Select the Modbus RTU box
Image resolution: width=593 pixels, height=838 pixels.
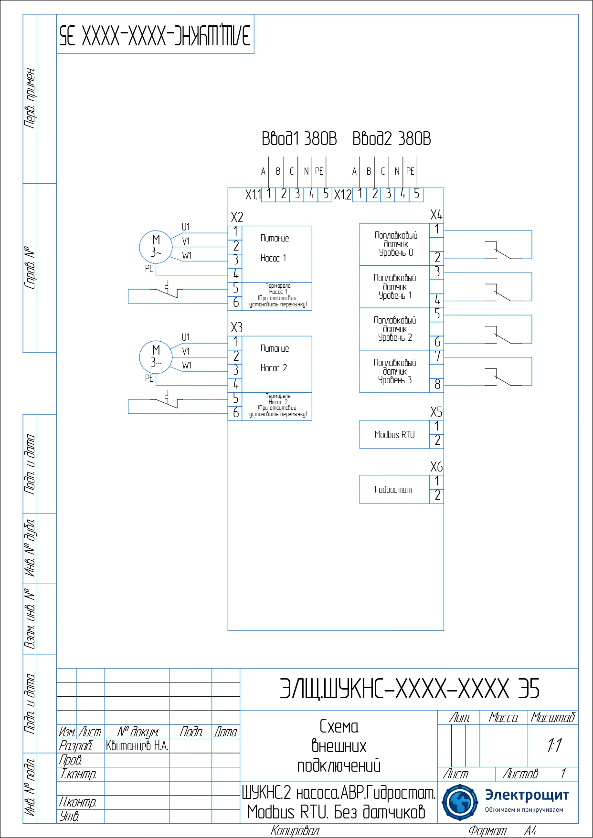point(394,434)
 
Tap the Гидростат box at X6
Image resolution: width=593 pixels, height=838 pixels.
point(393,490)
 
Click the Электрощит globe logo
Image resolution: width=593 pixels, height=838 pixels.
point(459,802)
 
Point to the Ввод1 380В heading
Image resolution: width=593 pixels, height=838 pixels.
point(299,139)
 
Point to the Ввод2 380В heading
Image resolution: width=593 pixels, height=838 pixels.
point(392,139)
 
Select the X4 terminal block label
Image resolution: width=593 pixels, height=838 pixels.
point(436,215)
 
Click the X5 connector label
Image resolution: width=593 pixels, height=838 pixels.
point(436,412)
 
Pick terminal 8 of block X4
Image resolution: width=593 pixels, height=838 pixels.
point(437,385)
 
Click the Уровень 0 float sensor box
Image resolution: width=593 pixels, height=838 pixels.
point(395,244)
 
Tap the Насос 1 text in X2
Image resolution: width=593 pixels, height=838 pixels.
point(273,258)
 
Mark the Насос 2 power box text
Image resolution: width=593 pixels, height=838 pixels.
point(274,368)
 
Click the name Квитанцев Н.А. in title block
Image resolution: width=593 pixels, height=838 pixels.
point(137,746)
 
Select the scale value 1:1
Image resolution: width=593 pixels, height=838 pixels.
point(554,745)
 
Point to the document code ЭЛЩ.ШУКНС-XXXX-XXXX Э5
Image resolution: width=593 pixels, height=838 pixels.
point(409,689)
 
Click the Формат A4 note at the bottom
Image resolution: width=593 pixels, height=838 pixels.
point(502,831)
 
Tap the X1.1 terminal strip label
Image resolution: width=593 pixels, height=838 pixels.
point(253,195)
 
